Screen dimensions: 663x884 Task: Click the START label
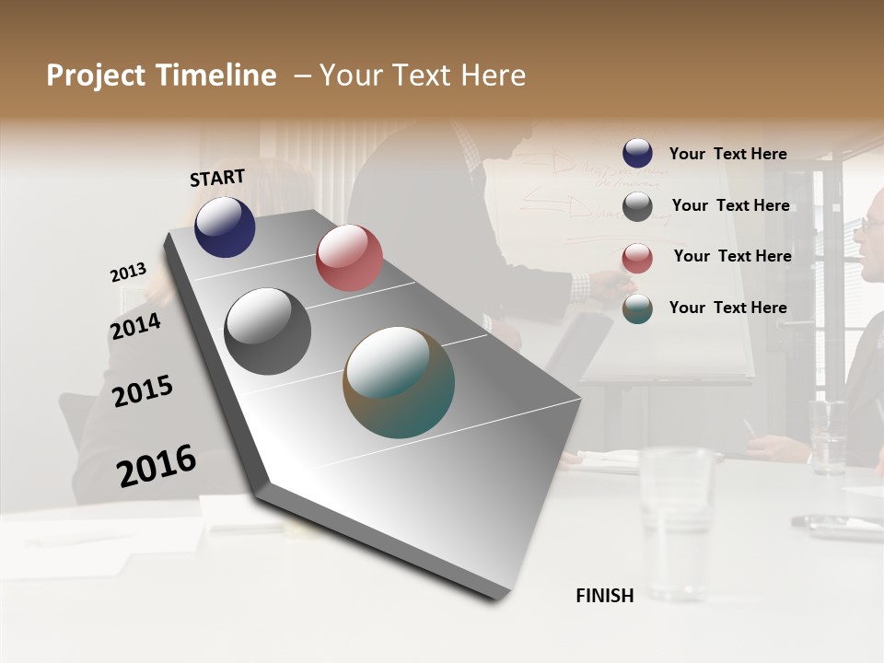(217, 177)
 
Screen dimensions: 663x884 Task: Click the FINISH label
(604, 596)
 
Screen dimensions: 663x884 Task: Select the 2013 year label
(128, 273)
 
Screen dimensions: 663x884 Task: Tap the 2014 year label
(135, 326)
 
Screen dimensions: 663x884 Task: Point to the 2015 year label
(143, 391)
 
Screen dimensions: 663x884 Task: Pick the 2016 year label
(157, 465)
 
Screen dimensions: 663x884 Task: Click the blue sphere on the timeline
(225, 227)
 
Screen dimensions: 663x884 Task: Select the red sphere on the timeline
(349, 258)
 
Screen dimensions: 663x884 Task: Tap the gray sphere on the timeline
(267, 331)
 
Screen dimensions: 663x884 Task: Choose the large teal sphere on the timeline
(399, 382)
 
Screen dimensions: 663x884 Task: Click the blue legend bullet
(637, 154)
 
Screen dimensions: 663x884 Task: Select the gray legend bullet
(637, 206)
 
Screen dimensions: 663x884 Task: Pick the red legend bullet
(637, 257)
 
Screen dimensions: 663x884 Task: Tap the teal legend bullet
(637, 308)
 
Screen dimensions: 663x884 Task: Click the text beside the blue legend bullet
(727, 154)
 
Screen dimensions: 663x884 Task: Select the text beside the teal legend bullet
(727, 308)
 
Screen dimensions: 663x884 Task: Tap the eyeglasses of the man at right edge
(872, 224)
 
